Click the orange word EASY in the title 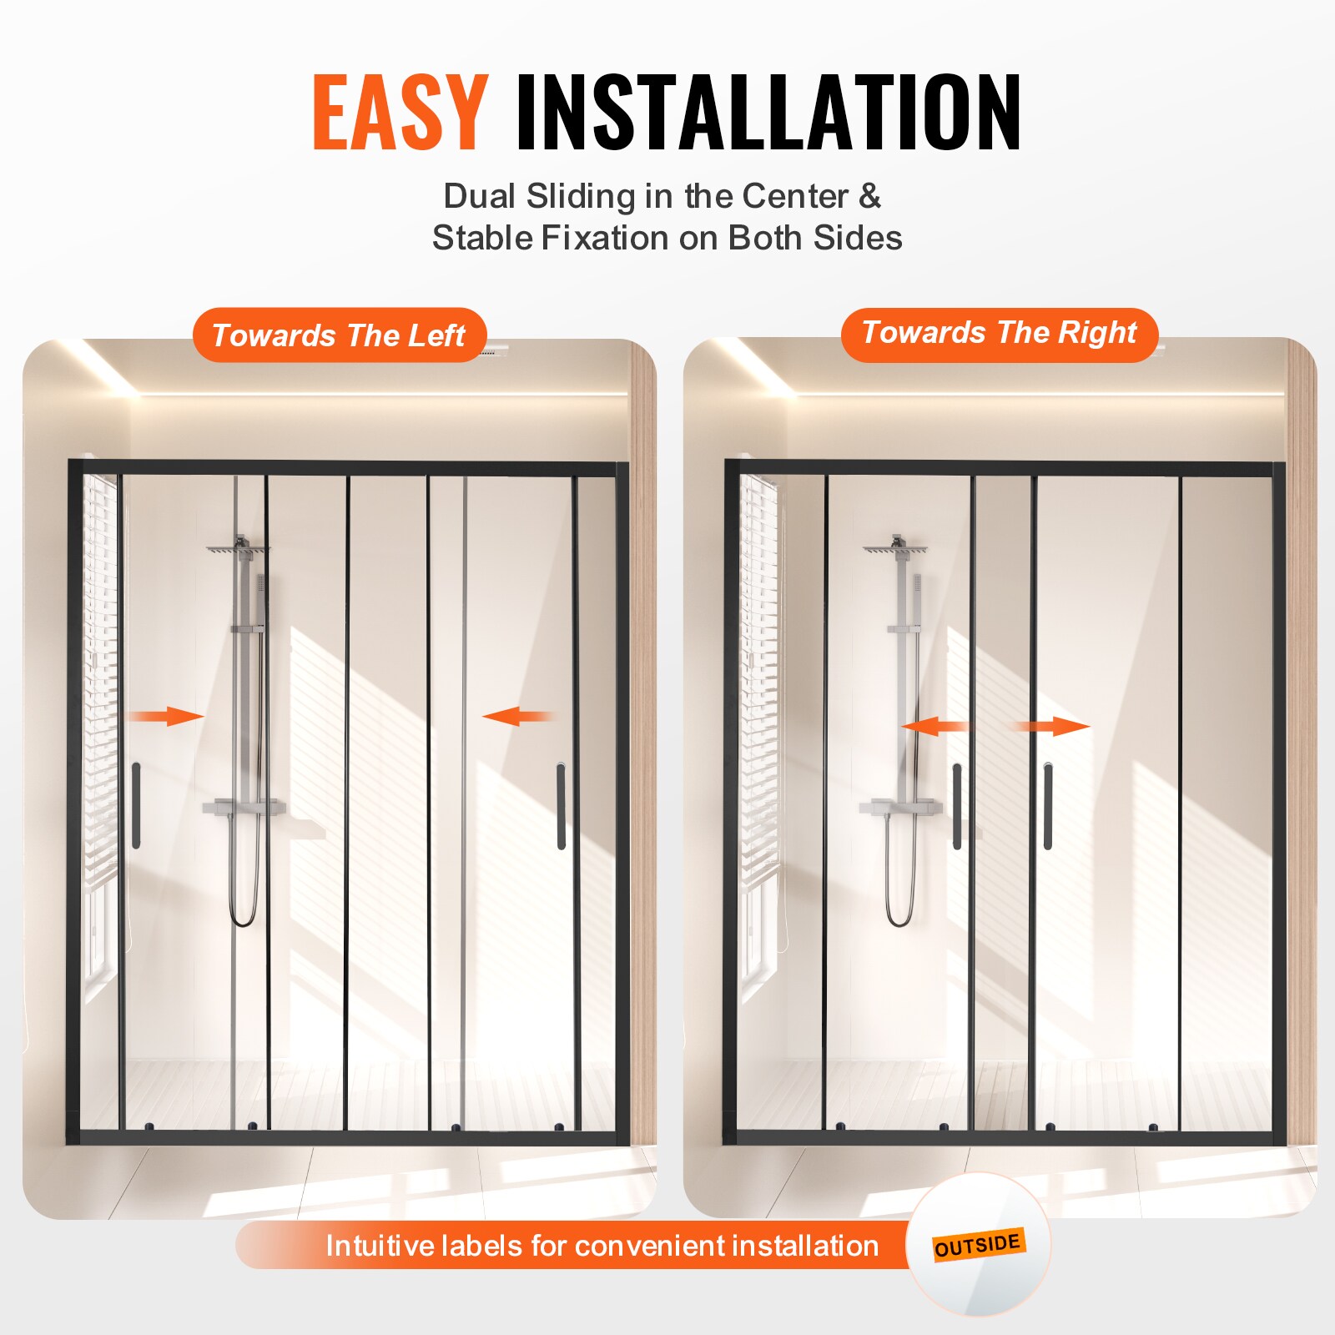point(400,113)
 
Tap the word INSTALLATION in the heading point(768,113)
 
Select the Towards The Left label point(339,335)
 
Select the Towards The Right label point(999,333)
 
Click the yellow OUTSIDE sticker point(978,1245)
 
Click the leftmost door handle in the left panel point(136,805)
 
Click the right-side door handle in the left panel point(561,806)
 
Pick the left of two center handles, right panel point(957,806)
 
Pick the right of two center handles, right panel point(1047,806)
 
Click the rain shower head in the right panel point(895,549)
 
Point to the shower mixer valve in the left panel point(244,807)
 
